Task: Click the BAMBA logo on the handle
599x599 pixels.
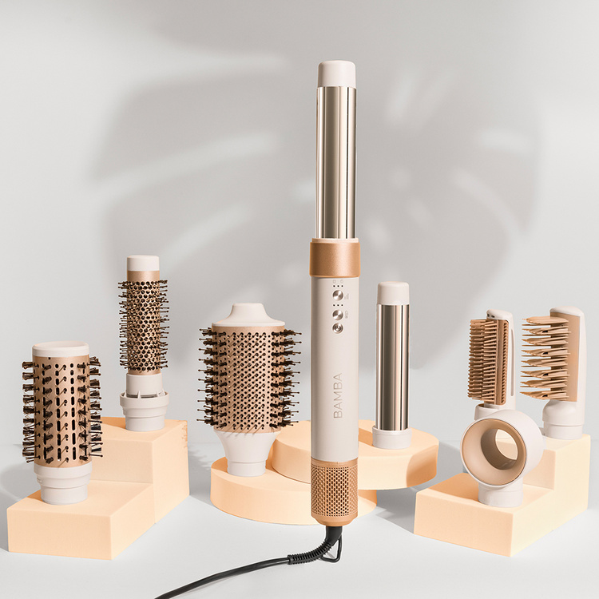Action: tap(337, 395)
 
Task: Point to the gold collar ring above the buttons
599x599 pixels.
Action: tap(335, 257)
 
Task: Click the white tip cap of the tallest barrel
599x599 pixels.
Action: tap(336, 73)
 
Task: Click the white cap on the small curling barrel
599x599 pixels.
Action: tap(393, 293)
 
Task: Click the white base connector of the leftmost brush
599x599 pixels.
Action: tap(62, 482)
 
